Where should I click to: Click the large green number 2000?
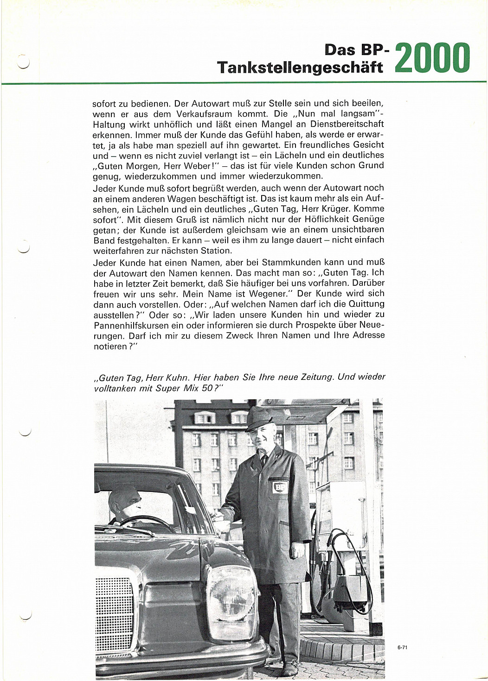[x=432, y=58]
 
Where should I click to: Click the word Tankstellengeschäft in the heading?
[x=300, y=68]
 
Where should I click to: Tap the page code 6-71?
[x=402, y=647]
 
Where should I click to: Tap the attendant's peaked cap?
[x=259, y=418]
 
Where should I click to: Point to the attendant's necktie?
[x=263, y=460]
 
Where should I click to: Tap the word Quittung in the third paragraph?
[x=366, y=304]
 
